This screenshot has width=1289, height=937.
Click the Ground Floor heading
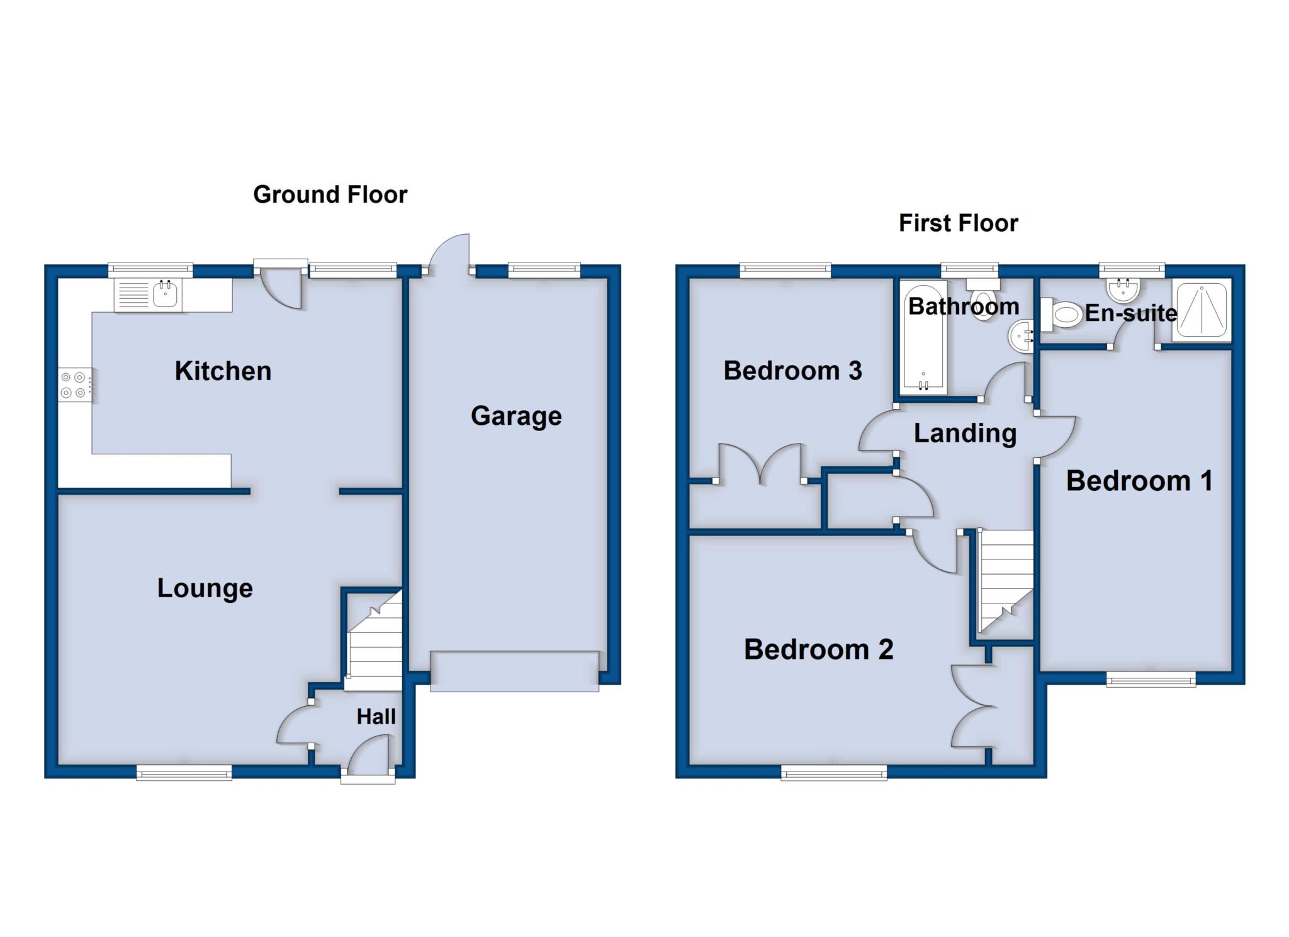(330, 194)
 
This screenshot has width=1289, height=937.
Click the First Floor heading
(958, 223)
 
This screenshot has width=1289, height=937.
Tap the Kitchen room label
(223, 371)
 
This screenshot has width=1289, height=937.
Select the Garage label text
(516, 416)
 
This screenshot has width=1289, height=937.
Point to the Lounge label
(205, 588)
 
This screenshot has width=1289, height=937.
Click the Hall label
(376, 716)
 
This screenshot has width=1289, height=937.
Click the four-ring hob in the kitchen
(73, 385)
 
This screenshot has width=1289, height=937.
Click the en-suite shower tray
(1201, 311)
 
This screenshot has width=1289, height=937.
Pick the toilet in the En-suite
(1061, 314)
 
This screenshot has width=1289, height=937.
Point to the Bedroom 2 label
(818, 649)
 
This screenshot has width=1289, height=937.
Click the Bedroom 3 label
(792, 371)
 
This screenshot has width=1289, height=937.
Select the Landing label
(965, 433)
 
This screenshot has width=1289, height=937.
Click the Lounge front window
(184, 773)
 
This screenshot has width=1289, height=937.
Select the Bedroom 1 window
(1151, 679)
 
